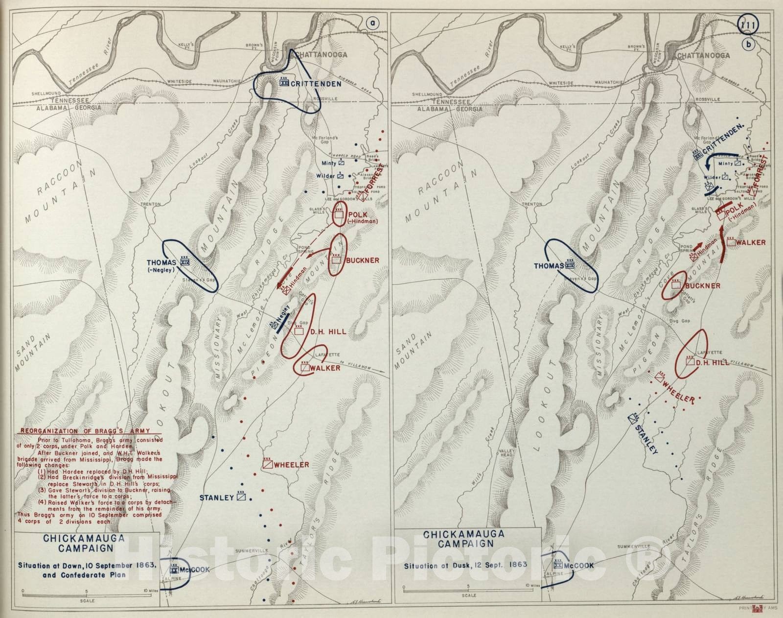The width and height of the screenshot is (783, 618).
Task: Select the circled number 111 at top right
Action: click(748, 25)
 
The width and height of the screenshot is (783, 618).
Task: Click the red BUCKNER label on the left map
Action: click(362, 261)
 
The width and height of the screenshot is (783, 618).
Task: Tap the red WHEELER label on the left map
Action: click(292, 464)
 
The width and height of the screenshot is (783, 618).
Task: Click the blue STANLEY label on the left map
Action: click(216, 498)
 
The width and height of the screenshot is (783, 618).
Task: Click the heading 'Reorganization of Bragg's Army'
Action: click(91, 431)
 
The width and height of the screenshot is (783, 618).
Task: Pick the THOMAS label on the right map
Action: click(549, 266)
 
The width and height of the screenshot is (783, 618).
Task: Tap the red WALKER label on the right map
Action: click(750, 242)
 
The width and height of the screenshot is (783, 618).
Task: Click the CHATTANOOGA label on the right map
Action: click(703, 55)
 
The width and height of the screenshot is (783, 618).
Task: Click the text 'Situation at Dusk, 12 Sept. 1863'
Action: click(465, 565)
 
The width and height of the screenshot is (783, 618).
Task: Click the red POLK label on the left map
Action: click(357, 215)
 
